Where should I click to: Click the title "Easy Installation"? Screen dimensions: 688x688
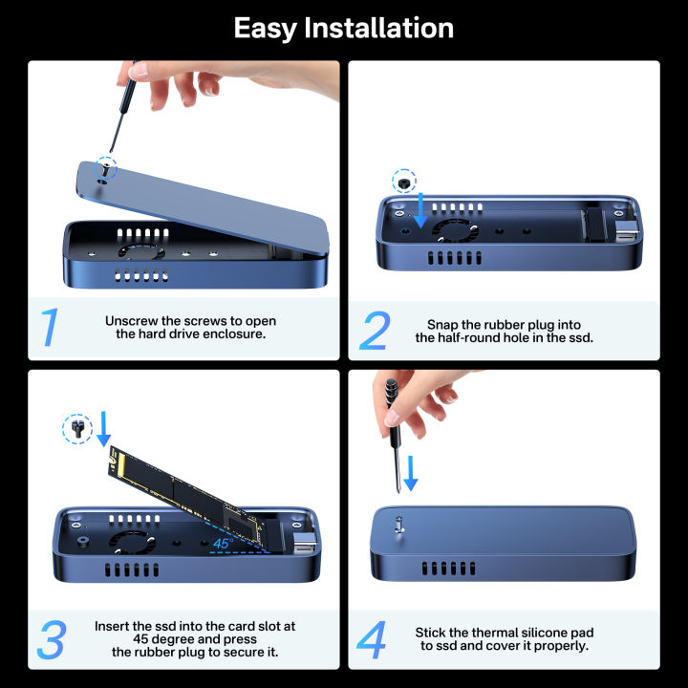[344, 28]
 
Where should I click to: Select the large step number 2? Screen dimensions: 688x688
[374, 330]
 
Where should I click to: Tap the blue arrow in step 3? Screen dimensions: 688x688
[104, 429]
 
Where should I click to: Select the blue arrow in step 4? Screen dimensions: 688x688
[411, 473]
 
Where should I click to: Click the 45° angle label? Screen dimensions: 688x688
[223, 543]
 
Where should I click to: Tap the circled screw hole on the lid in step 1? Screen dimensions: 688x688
[103, 167]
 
